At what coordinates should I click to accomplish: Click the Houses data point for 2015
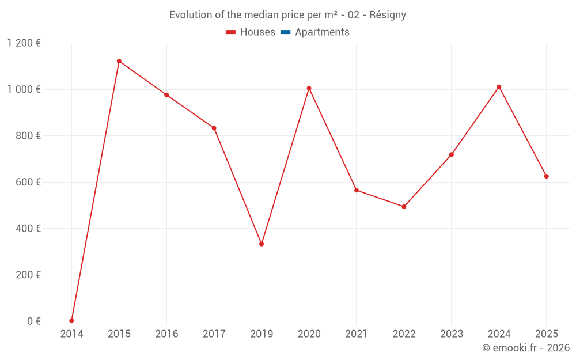[x=119, y=61]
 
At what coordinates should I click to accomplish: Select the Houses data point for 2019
[x=262, y=244]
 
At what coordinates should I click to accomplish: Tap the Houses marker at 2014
[x=71, y=321]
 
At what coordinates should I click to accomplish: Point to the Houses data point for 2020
[x=309, y=88]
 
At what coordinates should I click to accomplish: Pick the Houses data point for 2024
[x=499, y=87]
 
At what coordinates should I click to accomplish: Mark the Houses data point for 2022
[x=404, y=207]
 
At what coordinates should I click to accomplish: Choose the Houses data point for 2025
[x=546, y=176]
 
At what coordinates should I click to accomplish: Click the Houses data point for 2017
[x=214, y=128]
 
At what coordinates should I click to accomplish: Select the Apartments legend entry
[x=322, y=32]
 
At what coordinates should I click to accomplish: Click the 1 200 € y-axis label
[x=24, y=43]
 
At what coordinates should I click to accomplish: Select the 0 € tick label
[x=34, y=321]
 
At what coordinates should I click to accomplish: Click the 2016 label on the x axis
[x=166, y=334]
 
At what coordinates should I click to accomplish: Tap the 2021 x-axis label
[x=357, y=334]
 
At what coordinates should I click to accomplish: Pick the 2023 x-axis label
[x=451, y=334]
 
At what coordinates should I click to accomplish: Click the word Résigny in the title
[x=388, y=15]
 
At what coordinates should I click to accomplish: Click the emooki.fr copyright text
[x=526, y=348]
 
